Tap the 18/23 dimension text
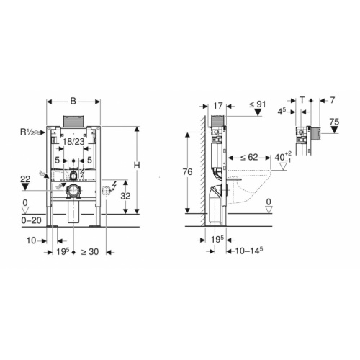point(75,143)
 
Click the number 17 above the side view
point(218,105)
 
